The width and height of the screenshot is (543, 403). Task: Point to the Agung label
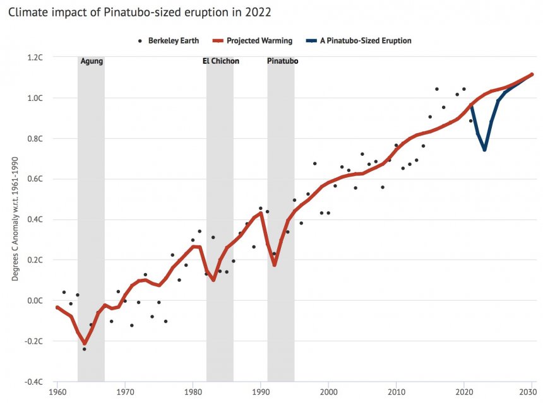click(92, 61)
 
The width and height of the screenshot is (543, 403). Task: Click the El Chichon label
click(220, 61)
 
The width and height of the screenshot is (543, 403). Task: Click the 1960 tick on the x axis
click(57, 392)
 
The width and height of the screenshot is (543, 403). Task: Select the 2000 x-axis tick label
click(328, 392)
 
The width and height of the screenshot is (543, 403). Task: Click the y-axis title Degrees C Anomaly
click(15, 220)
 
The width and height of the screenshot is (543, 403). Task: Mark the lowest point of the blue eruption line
click(484, 149)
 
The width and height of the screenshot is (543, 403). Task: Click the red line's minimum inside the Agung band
click(85, 344)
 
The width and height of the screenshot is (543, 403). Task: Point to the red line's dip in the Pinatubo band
click(275, 265)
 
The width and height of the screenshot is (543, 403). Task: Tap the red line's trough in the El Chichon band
click(213, 280)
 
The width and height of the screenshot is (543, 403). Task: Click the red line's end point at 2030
click(532, 74)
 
